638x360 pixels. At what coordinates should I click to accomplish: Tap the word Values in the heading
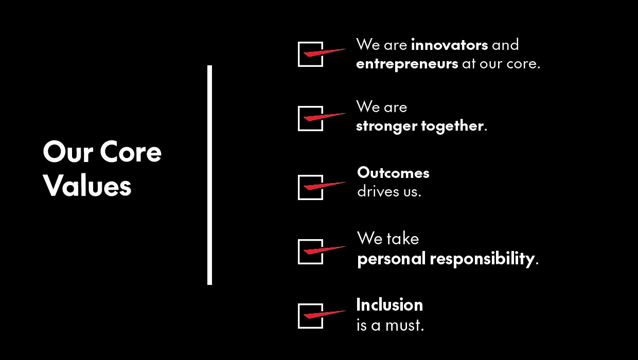pos(87,186)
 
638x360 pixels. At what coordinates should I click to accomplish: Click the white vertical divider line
pos(209,175)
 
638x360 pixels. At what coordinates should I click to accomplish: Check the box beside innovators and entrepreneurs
pos(310,54)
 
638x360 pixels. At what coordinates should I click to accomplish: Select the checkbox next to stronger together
pos(310,118)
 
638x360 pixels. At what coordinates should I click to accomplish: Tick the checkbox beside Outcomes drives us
pos(310,187)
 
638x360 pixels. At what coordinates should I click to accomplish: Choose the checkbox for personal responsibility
pos(310,251)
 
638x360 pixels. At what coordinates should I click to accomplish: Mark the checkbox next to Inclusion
pos(310,316)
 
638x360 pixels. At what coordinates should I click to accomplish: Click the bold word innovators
pos(449,45)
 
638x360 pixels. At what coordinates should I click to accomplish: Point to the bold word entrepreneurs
pos(407,64)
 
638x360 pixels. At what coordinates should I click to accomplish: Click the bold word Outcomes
pos(393,173)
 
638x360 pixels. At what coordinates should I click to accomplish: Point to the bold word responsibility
pos(482,259)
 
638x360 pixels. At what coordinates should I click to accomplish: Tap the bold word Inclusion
pos(389,305)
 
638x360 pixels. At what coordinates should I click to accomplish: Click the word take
pos(403,239)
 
